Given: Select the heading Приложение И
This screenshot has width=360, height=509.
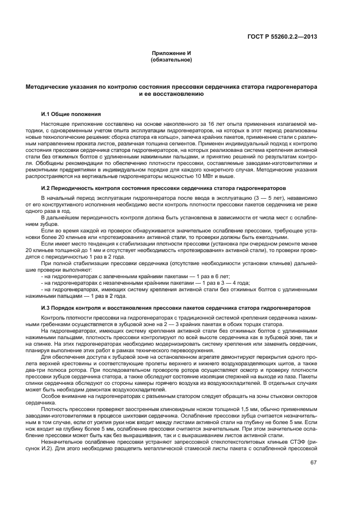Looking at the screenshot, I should tap(171, 52).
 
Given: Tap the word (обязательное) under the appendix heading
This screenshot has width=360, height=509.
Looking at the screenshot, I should tap(171, 59).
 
